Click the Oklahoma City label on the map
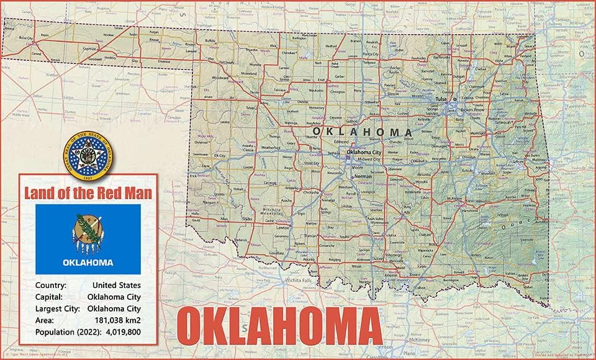[x=364, y=152]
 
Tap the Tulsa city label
[x=441, y=99]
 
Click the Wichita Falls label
[x=297, y=280]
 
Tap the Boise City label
[x=25, y=38]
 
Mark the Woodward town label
[x=220, y=78]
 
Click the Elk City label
[x=220, y=155]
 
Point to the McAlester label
[x=455, y=199]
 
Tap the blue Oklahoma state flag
[x=88, y=239]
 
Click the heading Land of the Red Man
[x=88, y=193]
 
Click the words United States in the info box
[x=116, y=285]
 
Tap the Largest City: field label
[x=56, y=308]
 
